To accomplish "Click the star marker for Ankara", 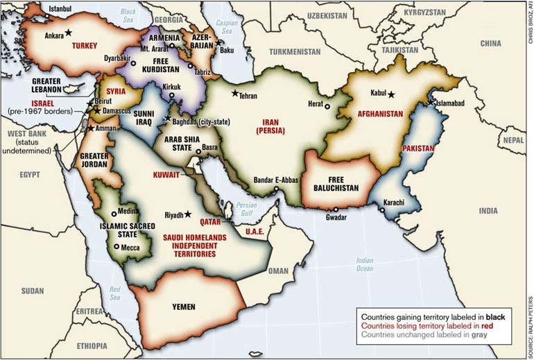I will tap(69, 33).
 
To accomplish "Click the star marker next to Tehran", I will tap(235, 93).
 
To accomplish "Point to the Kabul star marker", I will tap(392, 94).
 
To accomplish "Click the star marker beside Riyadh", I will tap(187, 214).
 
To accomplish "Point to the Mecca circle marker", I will tap(116, 246).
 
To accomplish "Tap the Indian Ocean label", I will tap(365, 265).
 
